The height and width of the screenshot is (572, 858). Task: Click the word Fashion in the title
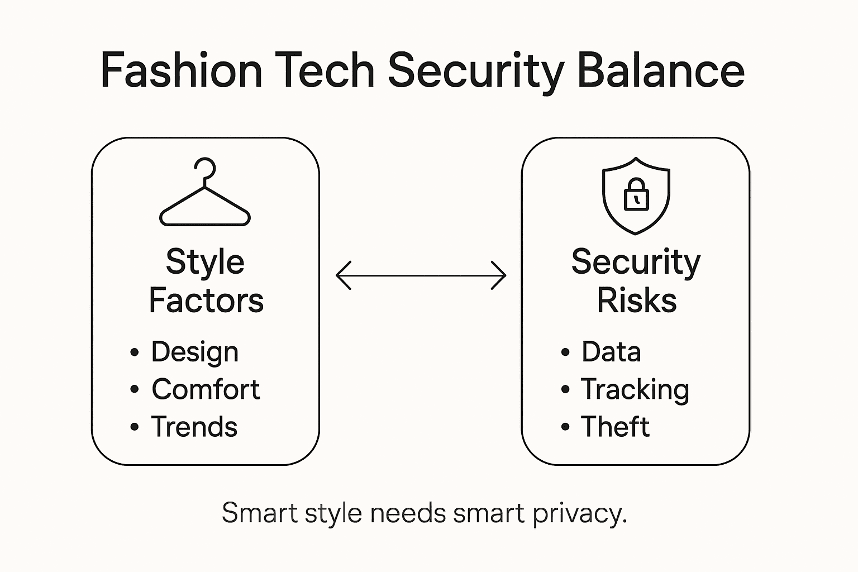point(181,71)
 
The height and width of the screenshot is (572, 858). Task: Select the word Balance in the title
point(660,71)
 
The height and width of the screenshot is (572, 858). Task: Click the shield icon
point(636,195)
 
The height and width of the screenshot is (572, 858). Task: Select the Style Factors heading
point(206,281)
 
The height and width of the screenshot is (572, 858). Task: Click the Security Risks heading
point(636,281)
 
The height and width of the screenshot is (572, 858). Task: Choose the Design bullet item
point(194,352)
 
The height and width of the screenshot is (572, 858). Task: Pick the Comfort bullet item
point(206,389)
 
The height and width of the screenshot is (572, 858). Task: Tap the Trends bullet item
point(194,427)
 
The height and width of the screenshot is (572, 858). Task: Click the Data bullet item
point(611,352)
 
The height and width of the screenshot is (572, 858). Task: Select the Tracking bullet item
point(635,389)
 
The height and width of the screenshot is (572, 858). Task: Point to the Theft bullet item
point(615,427)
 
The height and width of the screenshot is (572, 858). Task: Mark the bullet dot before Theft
point(565,427)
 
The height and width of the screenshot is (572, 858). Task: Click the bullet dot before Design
point(134,352)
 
